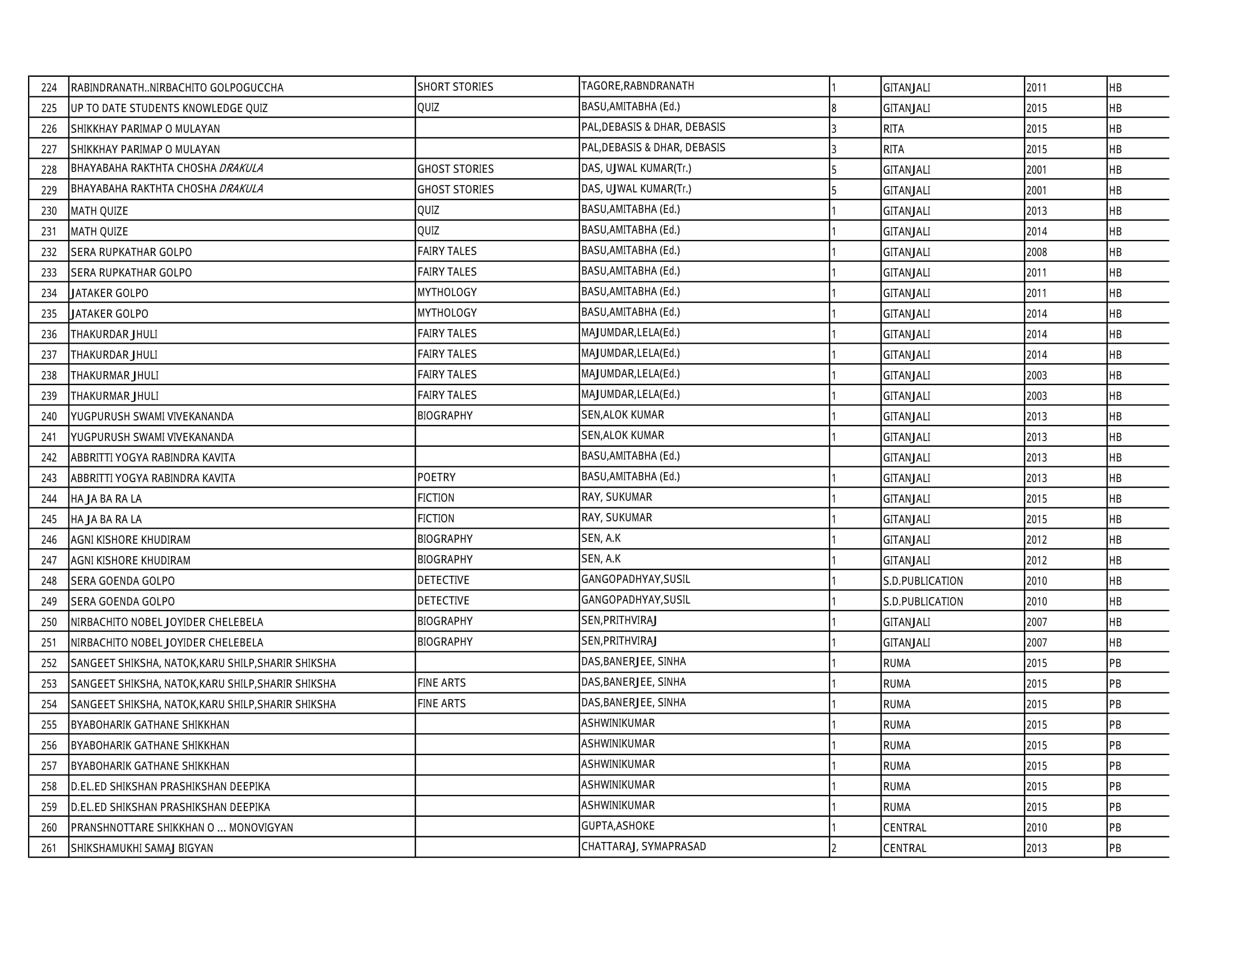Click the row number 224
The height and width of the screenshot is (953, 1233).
[x=49, y=88]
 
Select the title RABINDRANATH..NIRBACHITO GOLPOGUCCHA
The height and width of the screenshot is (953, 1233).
[x=177, y=88]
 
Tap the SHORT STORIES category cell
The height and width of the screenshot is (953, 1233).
[x=455, y=87]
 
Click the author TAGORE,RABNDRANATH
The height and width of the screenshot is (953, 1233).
[x=637, y=86]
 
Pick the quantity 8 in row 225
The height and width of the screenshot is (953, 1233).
[x=834, y=108]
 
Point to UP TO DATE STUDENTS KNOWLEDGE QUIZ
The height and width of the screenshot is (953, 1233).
[x=169, y=108]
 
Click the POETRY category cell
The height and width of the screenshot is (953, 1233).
[x=436, y=478]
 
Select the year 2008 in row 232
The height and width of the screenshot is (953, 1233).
[x=1036, y=252]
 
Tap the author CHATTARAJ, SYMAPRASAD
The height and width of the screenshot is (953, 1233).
[x=643, y=846]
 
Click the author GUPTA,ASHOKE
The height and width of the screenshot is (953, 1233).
[x=618, y=826]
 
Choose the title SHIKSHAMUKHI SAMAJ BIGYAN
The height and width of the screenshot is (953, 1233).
[x=142, y=848]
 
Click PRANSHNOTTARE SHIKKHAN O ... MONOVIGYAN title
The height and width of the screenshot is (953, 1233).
[x=182, y=827]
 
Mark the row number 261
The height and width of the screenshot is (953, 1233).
[x=49, y=848]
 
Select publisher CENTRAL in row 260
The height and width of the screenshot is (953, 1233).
[x=905, y=827]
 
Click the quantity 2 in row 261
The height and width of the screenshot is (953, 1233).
[x=834, y=848]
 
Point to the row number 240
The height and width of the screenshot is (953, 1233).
[x=49, y=417]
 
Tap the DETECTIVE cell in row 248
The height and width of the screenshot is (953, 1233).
[x=443, y=580]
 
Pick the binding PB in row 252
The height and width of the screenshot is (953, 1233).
[x=1115, y=663]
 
